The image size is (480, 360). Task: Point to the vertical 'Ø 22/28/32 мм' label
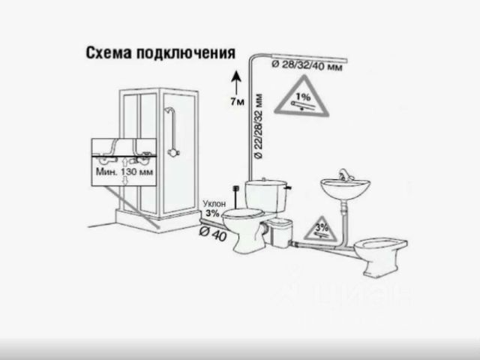(x=259, y=135)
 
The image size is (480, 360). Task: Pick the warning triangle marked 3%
(x=322, y=228)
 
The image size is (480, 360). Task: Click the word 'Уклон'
(x=213, y=203)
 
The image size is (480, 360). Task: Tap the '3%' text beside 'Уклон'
(x=213, y=213)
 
